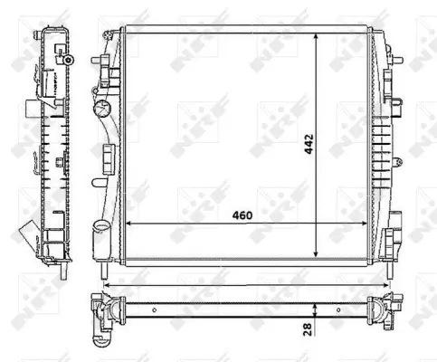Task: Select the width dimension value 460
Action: (241, 215)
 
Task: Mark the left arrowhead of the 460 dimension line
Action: (126, 224)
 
